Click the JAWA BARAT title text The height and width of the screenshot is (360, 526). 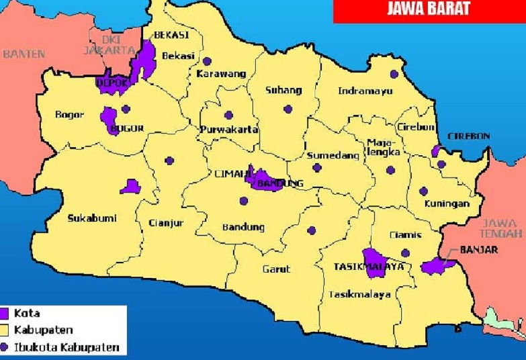(428, 9)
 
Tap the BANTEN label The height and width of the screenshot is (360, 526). (24, 54)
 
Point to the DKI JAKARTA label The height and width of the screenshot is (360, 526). (109, 45)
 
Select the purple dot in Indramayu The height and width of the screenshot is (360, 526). (394, 74)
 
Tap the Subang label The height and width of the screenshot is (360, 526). (283, 90)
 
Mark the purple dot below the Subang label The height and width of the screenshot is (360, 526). (288, 109)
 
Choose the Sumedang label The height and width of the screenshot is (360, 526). (324, 155)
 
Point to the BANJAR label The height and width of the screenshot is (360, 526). (479, 250)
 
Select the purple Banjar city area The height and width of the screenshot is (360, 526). (437, 265)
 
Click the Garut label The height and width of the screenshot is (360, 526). (276, 269)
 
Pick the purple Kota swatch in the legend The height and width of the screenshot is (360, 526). (8, 313)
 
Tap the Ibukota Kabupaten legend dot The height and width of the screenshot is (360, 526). (8, 347)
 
